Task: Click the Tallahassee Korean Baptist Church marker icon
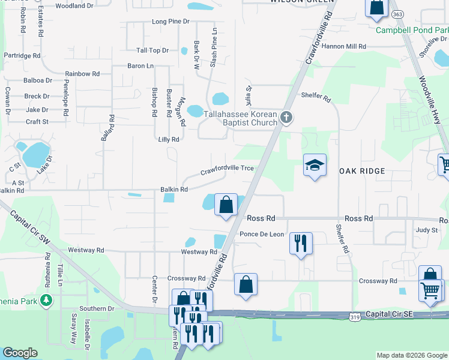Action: click(x=286, y=117)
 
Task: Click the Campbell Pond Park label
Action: click(x=412, y=30)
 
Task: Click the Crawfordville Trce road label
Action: click(x=227, y=169)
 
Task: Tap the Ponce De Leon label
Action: click(x=261, y=234)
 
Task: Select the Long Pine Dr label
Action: click(x=170, y=22)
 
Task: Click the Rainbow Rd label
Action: click(x=82, y=74)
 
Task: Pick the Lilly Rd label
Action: click(x=169, y=139)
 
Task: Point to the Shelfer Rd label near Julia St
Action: click(x=316, y=97)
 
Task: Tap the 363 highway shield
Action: click(x=396, y=14)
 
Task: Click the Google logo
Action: click(x=20, y=353)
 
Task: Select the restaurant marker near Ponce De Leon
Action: click(x=300, y=243)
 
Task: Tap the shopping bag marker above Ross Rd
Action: click(x=226, y=205)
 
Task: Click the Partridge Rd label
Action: click(x=22, y=56)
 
